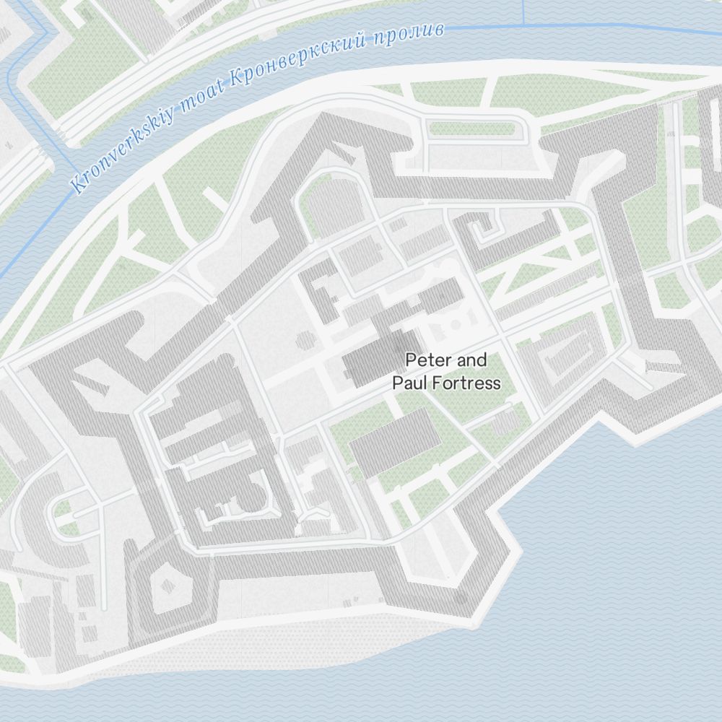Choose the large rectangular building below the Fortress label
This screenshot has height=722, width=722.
394,440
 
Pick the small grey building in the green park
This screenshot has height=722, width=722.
503,424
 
